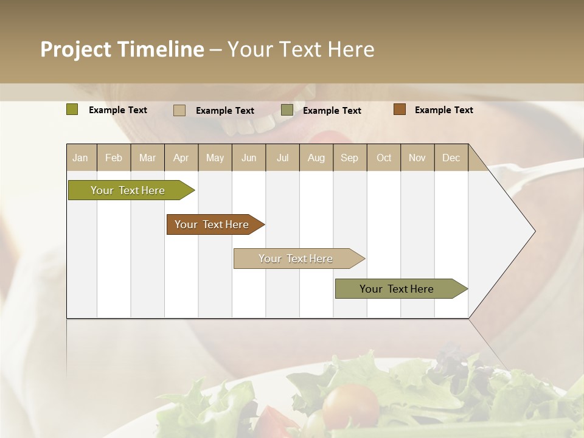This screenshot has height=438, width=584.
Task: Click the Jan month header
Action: (80, 158)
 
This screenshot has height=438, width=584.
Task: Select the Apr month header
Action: (181, 158)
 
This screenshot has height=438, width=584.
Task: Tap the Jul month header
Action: (283, 158)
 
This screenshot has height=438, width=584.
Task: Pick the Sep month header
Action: (350, 158)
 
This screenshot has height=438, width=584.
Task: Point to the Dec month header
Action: (451, 158)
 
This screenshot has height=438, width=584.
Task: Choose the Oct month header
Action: (384, 158)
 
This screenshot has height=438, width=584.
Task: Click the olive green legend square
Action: (72, 109)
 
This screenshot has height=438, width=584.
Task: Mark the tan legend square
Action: (179, 110)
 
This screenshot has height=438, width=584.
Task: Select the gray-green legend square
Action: (287, 110)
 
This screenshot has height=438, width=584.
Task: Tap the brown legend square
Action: (400, 109)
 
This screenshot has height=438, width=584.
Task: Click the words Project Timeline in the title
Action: (122, 49)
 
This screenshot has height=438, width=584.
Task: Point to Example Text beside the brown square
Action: (443, 110)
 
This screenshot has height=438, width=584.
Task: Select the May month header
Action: (215, 158)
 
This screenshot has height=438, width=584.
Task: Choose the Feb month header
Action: (114, 158)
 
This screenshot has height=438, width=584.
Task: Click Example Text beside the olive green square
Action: (118, 110)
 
